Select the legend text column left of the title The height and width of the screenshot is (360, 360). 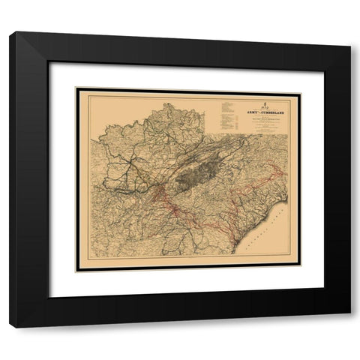(226, 112)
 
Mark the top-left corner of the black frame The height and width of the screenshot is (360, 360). (10, 32)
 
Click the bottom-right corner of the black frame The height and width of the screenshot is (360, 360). (350, 327)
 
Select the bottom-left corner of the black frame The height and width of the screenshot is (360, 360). (10, 327)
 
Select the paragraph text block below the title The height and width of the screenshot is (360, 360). (262, 124)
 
